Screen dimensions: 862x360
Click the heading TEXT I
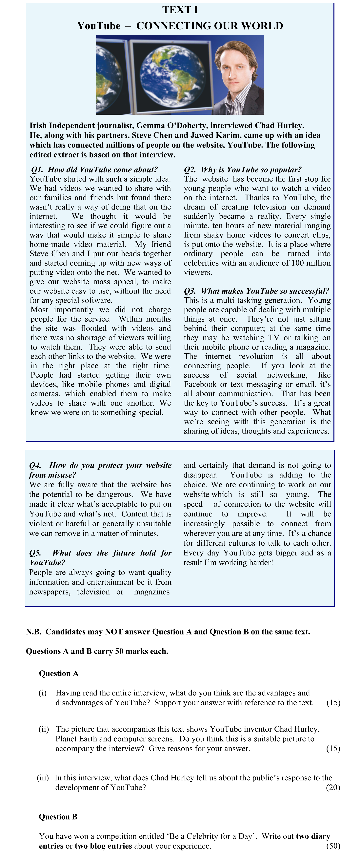180,10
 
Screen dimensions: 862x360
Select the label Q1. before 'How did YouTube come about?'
37,170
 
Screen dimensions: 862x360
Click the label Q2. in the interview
190,170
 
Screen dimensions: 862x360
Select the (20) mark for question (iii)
333,787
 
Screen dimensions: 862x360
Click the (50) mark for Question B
333,846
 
